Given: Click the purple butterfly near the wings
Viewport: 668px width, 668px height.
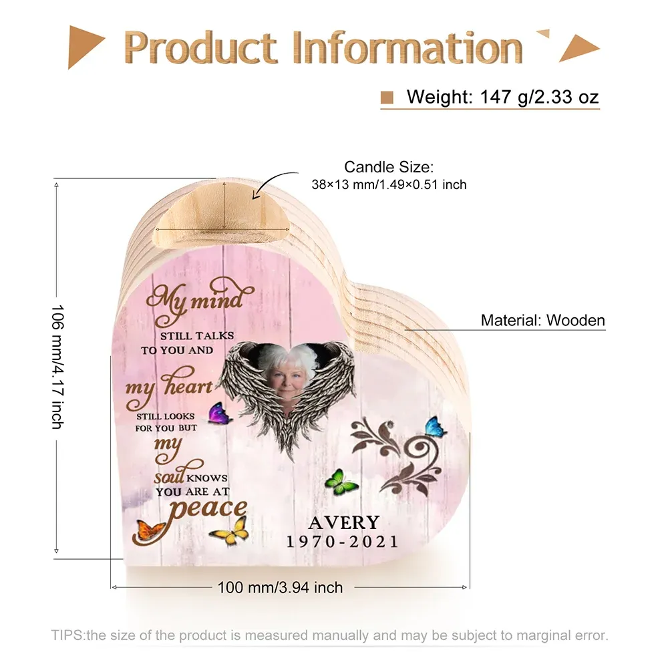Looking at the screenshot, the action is click(x=220, y=413).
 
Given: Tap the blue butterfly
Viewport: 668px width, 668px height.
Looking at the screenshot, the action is click(x=436, y=427).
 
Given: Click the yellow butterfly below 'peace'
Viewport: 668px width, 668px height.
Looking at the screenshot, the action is click(x=230, y=530).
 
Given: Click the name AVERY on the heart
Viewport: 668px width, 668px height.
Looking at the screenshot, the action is click(x=344, y=522).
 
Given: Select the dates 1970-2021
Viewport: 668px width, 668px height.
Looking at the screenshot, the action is click(x=343, y=542).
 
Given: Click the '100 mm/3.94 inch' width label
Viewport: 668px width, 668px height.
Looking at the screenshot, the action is click(x=280, y=587).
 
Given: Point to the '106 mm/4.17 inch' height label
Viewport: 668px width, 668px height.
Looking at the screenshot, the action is click(x=57, y=366).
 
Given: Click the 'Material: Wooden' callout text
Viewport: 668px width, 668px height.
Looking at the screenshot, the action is click(x=542, y=320).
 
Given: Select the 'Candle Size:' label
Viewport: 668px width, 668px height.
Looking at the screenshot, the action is click(x=389, y=166).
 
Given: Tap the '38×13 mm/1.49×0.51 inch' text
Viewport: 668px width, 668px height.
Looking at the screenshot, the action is click(x=389, y=184).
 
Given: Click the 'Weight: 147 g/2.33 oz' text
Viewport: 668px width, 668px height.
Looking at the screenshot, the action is click(x=503, y=97).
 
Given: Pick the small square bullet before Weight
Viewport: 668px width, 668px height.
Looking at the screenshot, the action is click(x=387, y=97).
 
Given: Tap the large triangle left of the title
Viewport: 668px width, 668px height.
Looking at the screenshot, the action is click(x=83, y=46).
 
